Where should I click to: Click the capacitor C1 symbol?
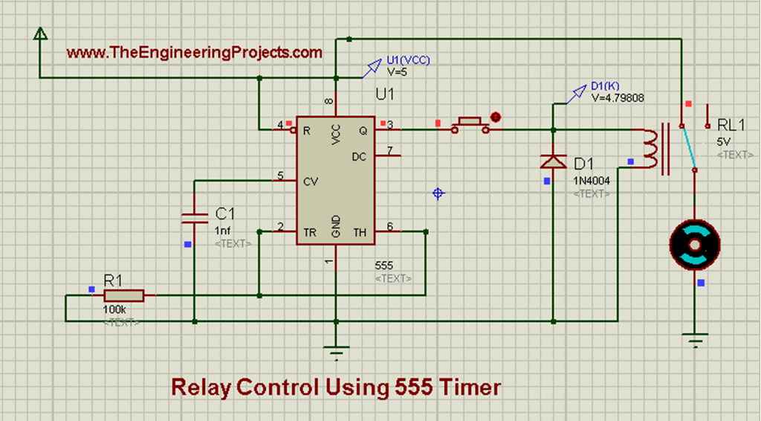(194, 216)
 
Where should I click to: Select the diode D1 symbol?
(553, 161)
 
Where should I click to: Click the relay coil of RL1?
(650, 150)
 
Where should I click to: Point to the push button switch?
(470, 123)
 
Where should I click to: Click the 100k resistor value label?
(114, 308)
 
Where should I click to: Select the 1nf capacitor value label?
(222, 230)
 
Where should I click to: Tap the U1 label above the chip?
(385, 95)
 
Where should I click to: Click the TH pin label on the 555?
(360, 233)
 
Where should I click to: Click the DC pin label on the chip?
(358, 157)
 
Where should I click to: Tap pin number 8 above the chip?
(328, 100)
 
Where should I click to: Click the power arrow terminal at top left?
(40, 33)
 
